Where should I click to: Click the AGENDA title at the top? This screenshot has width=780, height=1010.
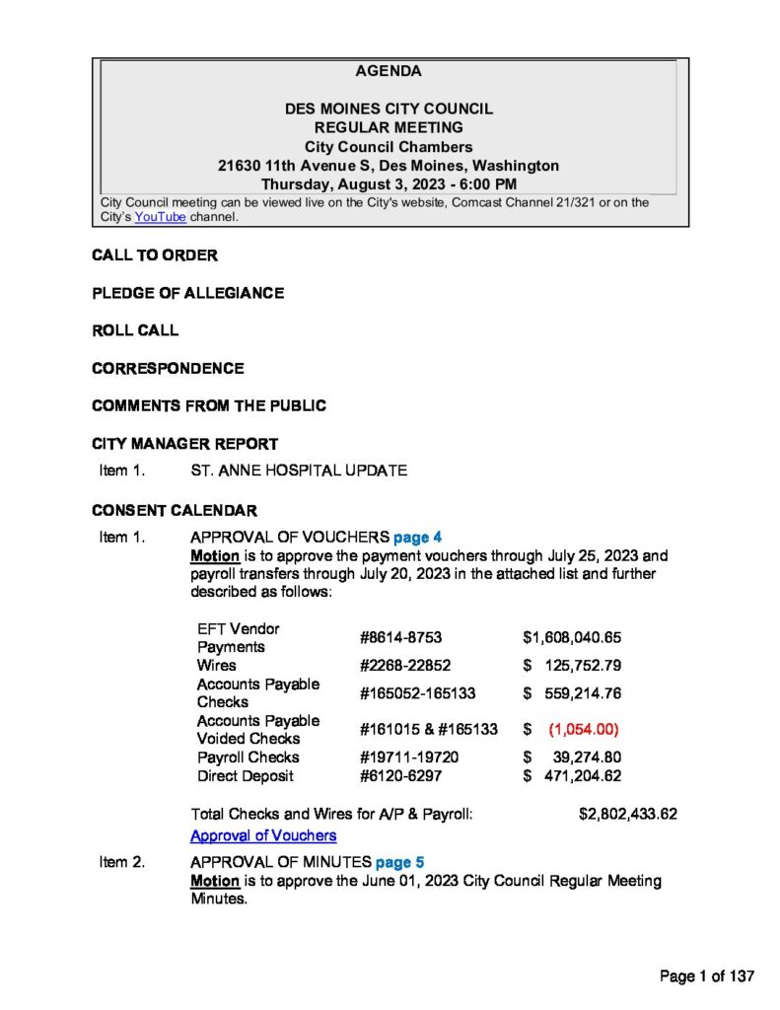pyautogui.click(x=389, y=71)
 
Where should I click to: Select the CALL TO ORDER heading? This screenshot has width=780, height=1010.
pyautogui.click(x=155, y=255)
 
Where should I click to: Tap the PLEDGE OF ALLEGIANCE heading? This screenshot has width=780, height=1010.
pyautogui.click(x=187, y=293)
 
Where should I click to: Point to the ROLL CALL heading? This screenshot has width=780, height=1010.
pyautogui.click(x=135, y=330)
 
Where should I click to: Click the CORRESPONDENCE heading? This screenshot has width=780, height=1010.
pyautogui.click(x=168, y=368)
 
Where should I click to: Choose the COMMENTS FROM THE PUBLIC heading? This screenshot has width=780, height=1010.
pyautogui.click(x=209, y=405)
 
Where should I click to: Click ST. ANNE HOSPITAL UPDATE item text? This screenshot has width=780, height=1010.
pyautogui.click(x=298, y=470)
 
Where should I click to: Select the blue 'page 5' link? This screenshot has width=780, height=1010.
pyautogui.click(x=399, y=862)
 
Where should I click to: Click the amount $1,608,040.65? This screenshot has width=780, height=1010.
pyautogui.click(x=572, y=638)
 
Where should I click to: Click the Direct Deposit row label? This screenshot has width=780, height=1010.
pyautogui.click(x=245, y=776)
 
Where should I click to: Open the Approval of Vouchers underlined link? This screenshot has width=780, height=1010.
pyautogui.click(x=263, y=835)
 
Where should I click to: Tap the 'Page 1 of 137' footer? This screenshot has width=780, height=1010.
pyautogui.click(x=707, y=976)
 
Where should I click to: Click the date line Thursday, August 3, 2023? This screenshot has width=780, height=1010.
pyautogui.click(x=389, y=184)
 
